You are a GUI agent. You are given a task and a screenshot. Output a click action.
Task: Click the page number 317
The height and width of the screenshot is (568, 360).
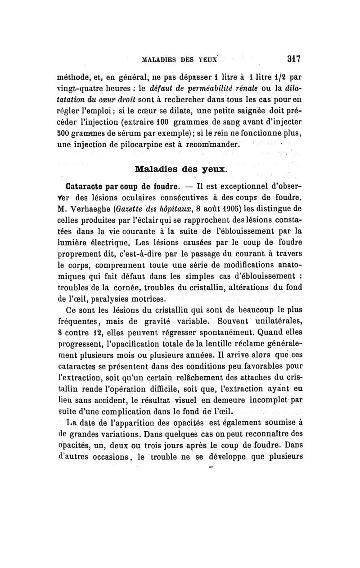[x=293, y=58]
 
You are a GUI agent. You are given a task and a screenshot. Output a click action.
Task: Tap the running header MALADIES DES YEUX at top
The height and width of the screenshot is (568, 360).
[x=180, y=59]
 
